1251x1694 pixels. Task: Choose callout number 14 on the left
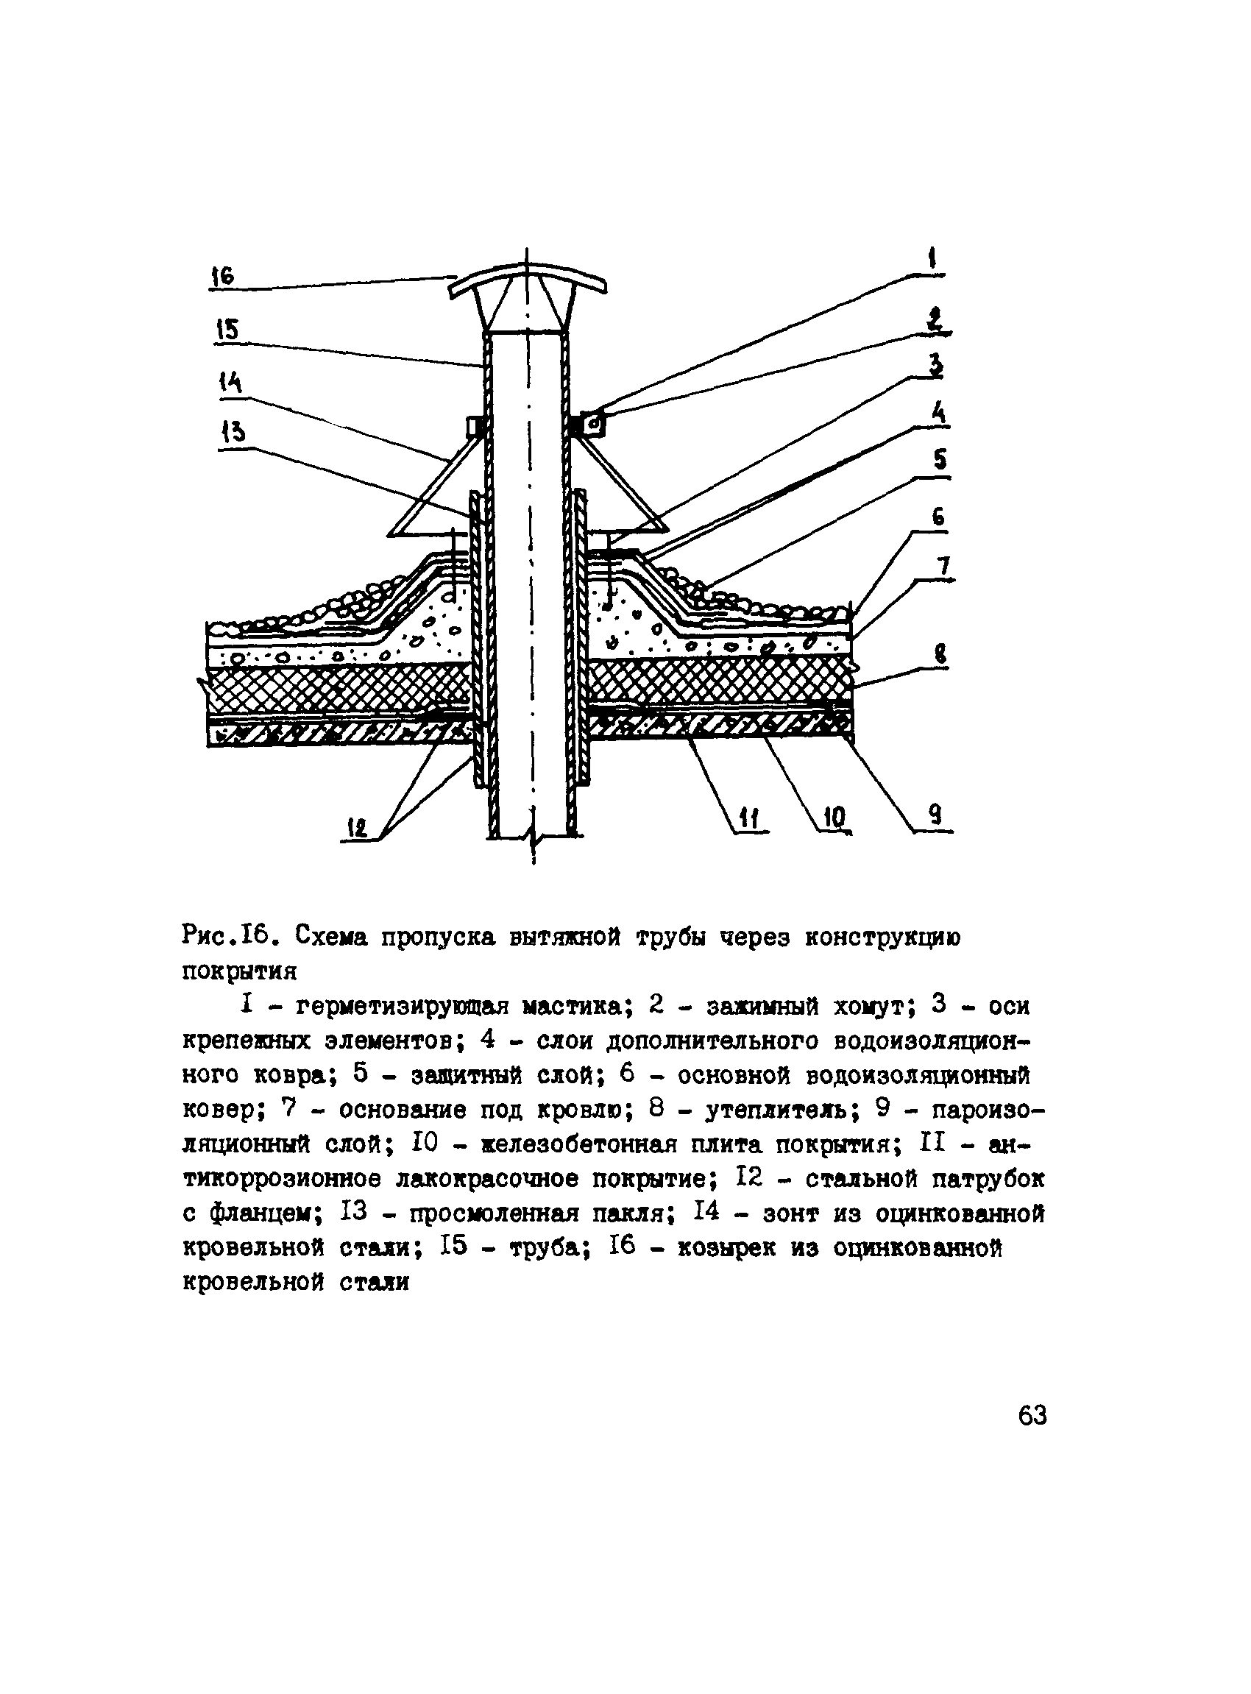click(x=231, y=383)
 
